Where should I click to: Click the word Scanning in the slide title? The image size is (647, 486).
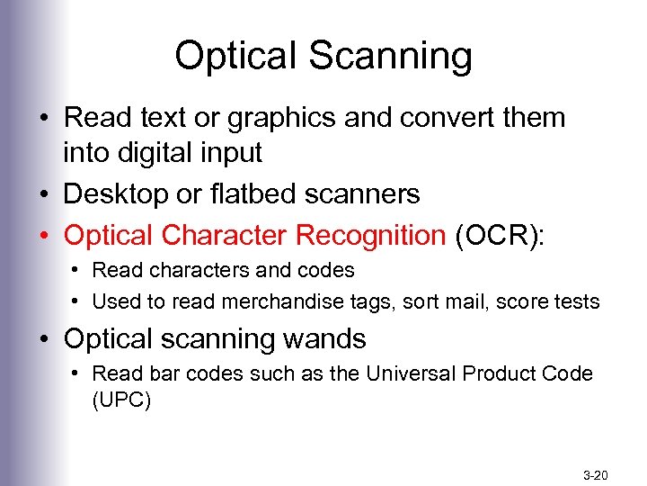coord(390,57)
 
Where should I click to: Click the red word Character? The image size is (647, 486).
coord(226,235)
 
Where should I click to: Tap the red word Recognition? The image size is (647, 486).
coord(370,235)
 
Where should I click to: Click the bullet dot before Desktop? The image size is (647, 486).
coord(44,194)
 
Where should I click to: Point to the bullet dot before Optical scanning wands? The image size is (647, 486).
coord(44,340)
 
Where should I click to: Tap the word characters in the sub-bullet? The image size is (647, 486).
coord(191,270)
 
